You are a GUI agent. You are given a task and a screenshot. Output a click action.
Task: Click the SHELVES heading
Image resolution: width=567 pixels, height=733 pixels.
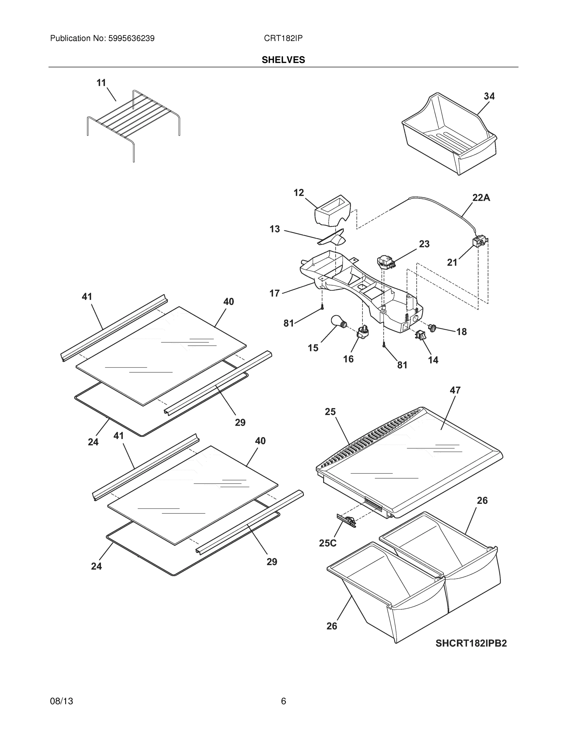tap(283, 60)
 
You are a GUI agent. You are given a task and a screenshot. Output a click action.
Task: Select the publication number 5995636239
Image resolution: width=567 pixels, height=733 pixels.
tap(131, 38)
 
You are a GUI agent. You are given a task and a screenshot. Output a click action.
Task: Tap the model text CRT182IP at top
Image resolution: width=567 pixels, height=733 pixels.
tap(283, 38)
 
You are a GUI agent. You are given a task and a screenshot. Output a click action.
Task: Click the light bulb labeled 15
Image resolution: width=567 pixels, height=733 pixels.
tap(337, 321)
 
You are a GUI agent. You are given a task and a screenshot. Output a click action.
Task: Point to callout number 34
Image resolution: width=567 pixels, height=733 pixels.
tap(489, 96)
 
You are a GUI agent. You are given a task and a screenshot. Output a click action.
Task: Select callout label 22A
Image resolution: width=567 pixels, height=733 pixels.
tap(481, 198)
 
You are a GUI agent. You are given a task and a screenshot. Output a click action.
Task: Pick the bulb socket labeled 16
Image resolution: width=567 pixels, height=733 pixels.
tap(363, 332)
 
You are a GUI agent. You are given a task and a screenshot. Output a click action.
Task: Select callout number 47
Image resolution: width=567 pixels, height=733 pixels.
tap(455, 390)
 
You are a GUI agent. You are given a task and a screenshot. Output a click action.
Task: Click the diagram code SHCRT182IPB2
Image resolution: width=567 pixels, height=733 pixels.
tap(471, 644)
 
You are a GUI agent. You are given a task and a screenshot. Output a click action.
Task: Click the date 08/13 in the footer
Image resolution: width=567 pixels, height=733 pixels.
tap(61, 701)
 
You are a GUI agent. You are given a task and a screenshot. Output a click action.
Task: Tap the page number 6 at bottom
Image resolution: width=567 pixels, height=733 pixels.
tap(283, 701)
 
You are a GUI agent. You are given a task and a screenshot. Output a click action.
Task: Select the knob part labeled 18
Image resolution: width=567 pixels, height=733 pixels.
tap(432, 327)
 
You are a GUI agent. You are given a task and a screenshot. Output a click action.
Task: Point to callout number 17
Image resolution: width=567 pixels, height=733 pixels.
tap(274, 293)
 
